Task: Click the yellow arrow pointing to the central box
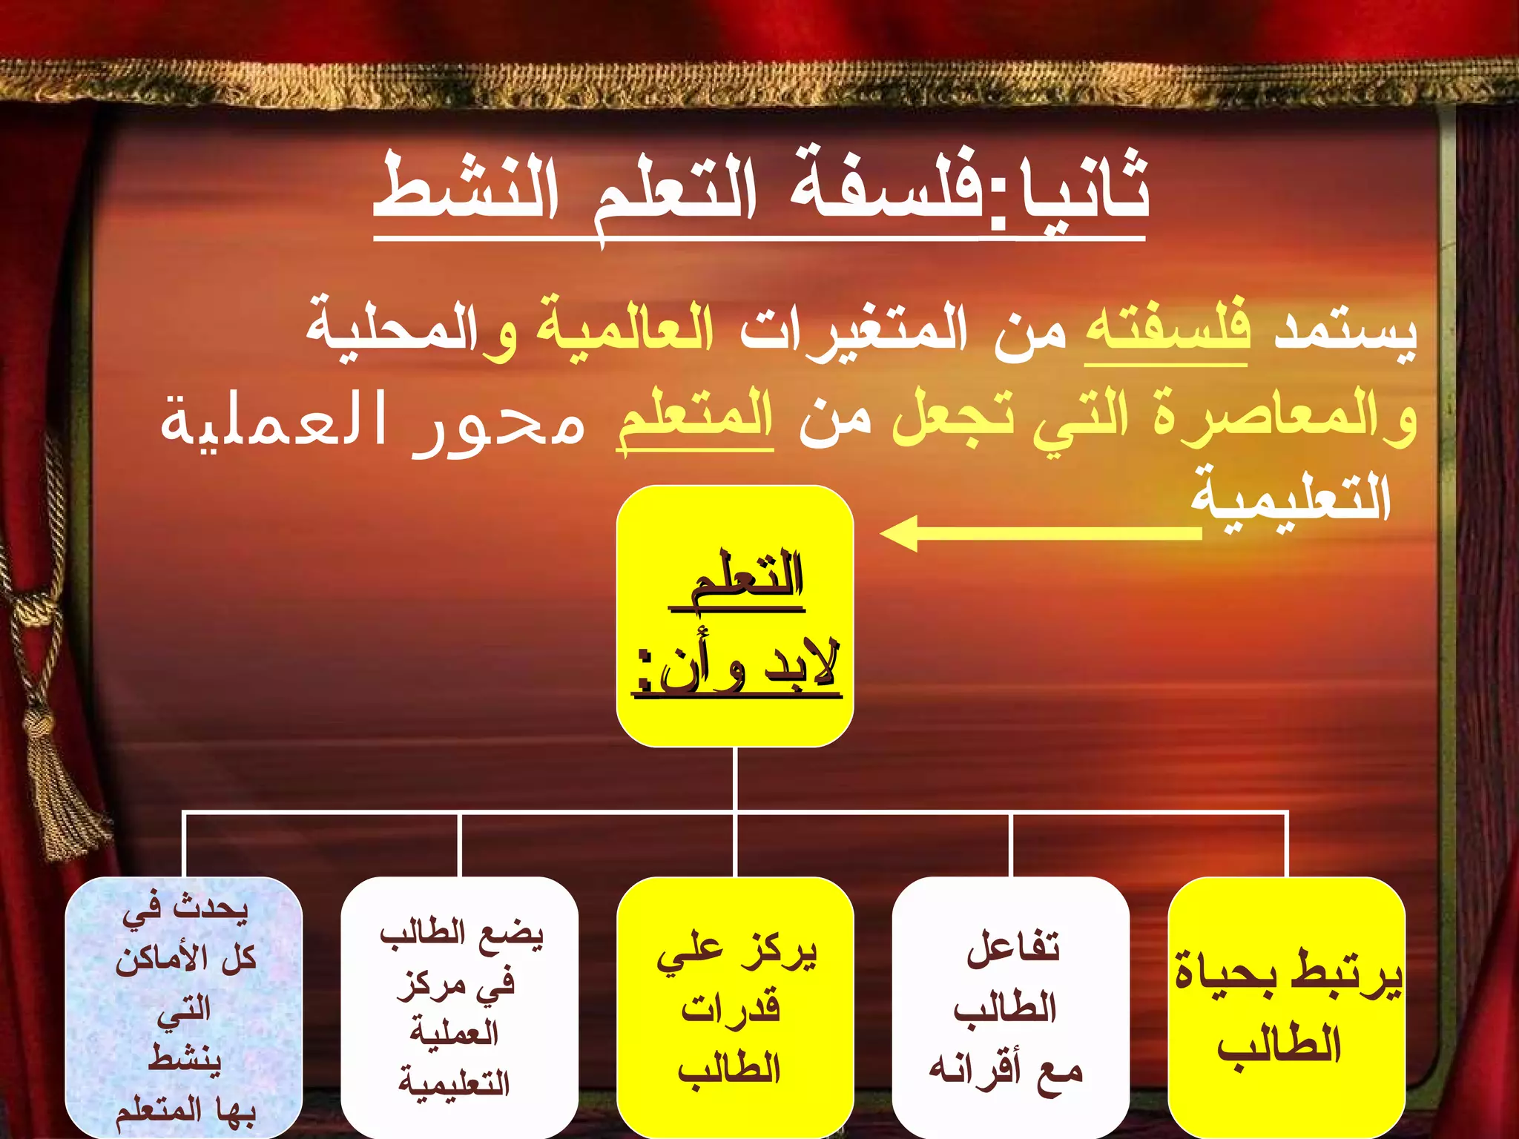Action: tap(1038, 532)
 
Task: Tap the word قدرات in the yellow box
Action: tap(731, 1008)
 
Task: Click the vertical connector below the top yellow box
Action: tap(735, 779)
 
